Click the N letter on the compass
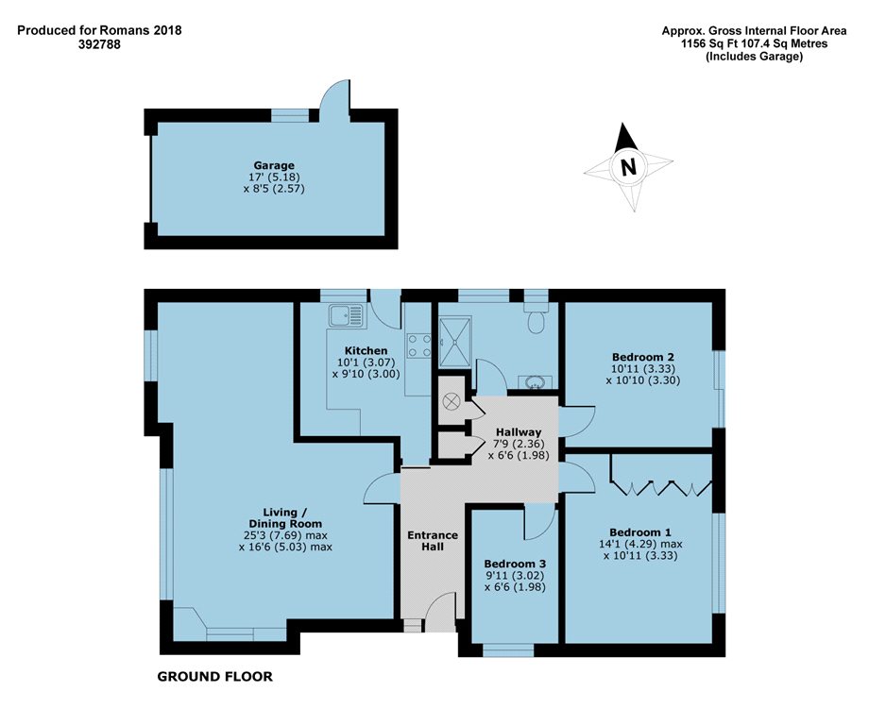pos(628,167)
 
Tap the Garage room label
pos(274,165)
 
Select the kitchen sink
pos(346,316)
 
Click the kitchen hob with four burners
pos(418,346)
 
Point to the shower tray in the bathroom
pos(455,342)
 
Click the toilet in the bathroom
pos(536,317)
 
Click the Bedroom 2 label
pos(643,357)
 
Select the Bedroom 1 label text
pos(640,532)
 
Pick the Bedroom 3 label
pos(515,564)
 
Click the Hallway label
pos(519,432)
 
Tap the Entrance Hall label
pos(433,541)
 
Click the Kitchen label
pos(366,350)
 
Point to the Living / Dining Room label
pos(285,518)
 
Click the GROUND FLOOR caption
pos(215,676)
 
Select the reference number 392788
pos(99,44)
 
